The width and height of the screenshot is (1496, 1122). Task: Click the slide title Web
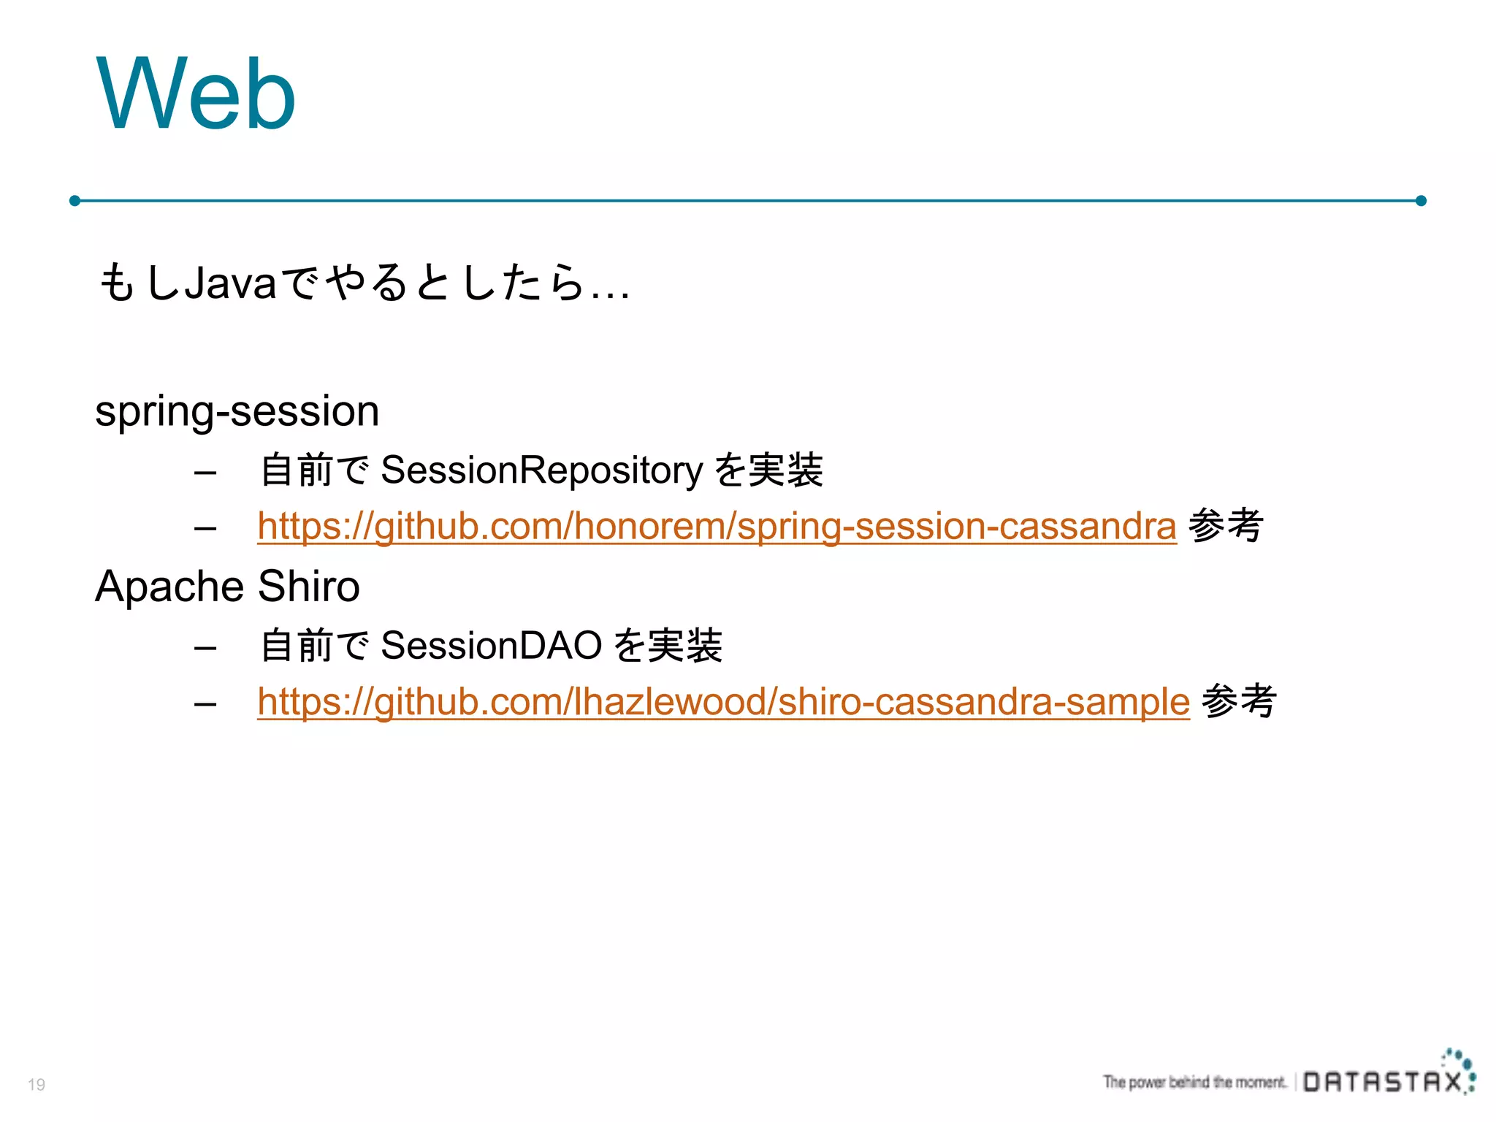[x=196, y=95]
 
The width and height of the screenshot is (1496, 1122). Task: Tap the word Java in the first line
[x=230, y=283]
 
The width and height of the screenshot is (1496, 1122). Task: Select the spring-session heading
[x=237, y=411]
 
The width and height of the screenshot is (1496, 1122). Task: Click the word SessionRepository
[x=541, y=470]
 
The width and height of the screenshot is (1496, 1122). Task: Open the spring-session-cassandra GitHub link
[x=717, y=526]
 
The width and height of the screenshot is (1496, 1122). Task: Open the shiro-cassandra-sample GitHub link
[x=723, y=701]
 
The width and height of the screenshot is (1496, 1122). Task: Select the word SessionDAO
[x=491, y=645]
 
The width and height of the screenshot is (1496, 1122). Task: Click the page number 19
[x=37, y=1085]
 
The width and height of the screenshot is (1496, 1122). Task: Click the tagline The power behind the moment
[x=1194, y=1082]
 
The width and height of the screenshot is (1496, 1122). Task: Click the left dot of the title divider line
[x=75, y=200]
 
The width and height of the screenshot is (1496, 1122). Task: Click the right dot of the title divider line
[x=1421, y=200]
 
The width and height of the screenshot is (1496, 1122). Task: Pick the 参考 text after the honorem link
[x=1226, y=525]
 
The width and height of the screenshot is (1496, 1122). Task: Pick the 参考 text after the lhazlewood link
[x=1239, y=701]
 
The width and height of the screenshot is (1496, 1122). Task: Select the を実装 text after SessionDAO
[x=668, y=645]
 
